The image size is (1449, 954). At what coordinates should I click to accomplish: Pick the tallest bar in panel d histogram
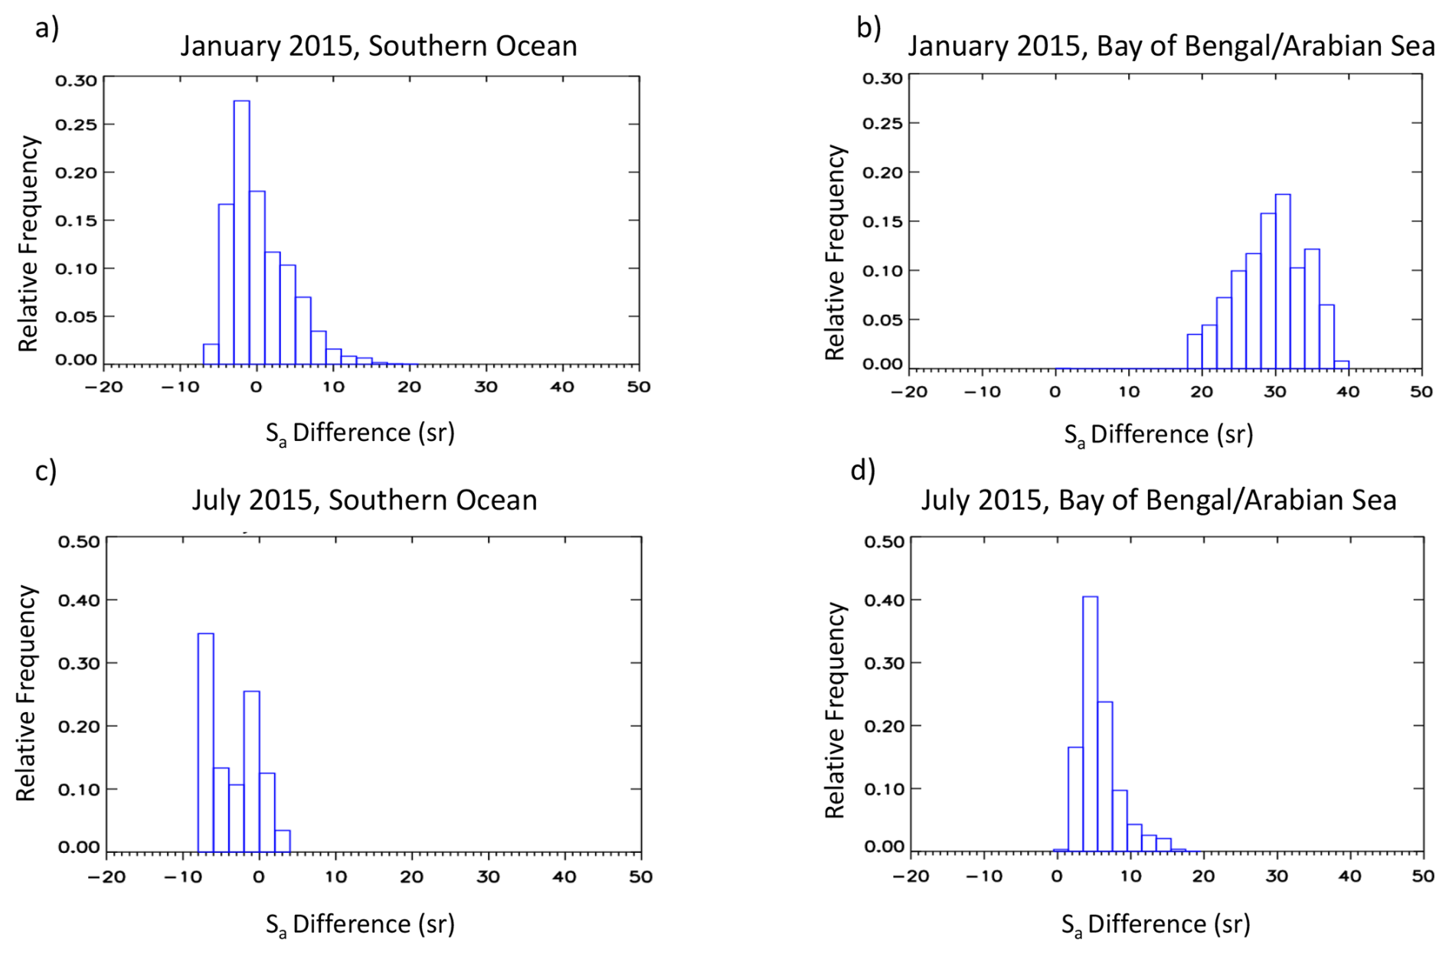[x=1090, y=723]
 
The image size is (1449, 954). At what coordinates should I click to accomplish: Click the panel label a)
[x=47, y=28]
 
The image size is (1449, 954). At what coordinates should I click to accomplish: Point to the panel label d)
[x=863, y=469]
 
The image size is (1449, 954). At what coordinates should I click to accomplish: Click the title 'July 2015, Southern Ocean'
[x=364, y=500]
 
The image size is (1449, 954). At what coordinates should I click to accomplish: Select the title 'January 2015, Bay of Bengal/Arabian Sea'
[x=1171, y=46]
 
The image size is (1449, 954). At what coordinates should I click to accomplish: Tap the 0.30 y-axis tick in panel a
[x=76, y=80]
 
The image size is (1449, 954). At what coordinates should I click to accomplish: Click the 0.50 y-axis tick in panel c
[x=79, y=541]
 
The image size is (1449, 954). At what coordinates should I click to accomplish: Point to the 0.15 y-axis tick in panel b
[x=883, y=221]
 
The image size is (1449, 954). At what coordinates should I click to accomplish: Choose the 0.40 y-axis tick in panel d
[x=885, y=600]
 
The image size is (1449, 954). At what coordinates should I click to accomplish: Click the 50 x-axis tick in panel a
[x=639, y=387]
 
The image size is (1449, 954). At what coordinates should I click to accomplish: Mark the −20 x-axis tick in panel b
[x=908, y=392]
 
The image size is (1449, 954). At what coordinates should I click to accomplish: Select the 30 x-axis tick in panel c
[x=488, y=877]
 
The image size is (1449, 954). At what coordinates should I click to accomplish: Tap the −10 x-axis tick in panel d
[x=983, y=876]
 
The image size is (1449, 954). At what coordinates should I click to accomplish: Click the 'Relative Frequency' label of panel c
[x=27, y=693]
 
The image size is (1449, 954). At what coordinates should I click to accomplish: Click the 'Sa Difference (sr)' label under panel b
[x=1158, y=435]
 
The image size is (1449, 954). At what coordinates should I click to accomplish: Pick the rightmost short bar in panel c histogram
[x=282, y=841]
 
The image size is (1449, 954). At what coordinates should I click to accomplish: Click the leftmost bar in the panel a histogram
[x=211, y=354]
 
